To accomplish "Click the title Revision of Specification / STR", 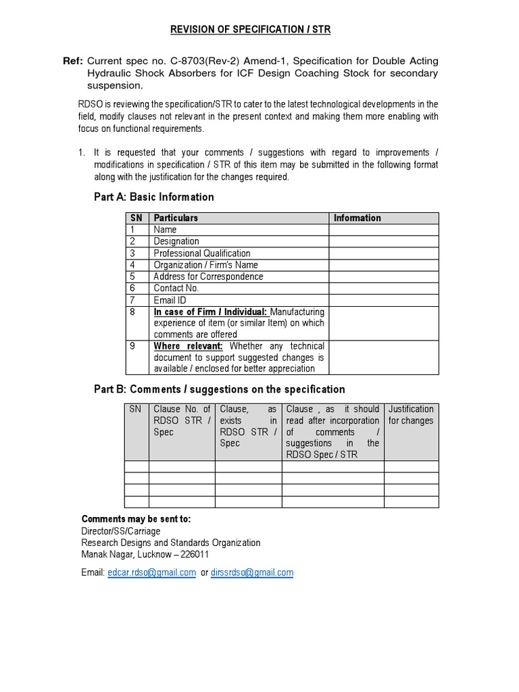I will pyautogui.click(x=250, y=29).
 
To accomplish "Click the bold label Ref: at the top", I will pyautogui.click(x=72, y=61).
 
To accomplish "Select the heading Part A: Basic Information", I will pyautogui.click(x=153, y=197).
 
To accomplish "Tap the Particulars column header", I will pyautogui.click(x=176, y=218).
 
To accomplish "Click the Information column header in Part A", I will pyautogui.click(x=357, y=218).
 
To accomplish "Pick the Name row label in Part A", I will pyautogui.click(x=165, y=230).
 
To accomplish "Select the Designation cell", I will pyautogui.click(x=176, y=241).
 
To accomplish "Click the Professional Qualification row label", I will pyautogui.click(x=202, y=253).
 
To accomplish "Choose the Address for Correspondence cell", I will pyautogui.click(x=208, y=276).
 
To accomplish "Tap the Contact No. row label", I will pyautogui.click(x=176, y=289).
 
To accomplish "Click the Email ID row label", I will pyautogui.click(x=170, y=300).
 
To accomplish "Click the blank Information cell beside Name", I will pyautogui.click(x=383, y=230).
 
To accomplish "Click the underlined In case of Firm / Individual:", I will pyautogui.click(x=210, y=312).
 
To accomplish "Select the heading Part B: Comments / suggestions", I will pyautogui.click(x=219, y=389).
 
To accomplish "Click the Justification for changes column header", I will pyautogui.click(x=411, y=415).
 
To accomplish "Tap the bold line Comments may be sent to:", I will pyautogui.click(x=136, y=519).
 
